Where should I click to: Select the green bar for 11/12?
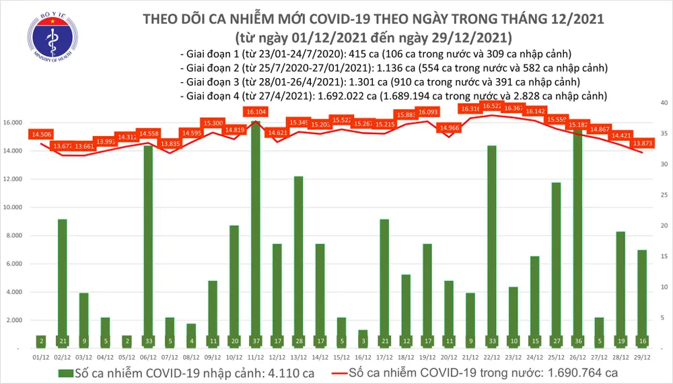coord(256,229)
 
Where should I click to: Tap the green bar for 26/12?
coord(577,236)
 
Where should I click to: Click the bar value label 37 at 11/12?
coord(256,341)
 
